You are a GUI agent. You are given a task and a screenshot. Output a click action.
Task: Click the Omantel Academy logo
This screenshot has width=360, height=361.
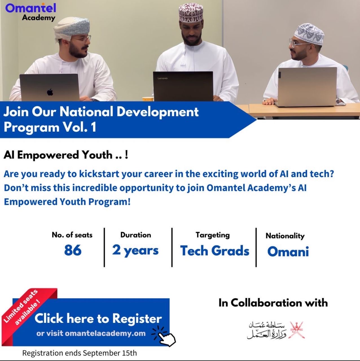31,12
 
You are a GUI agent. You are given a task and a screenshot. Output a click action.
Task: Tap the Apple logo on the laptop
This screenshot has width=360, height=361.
50,92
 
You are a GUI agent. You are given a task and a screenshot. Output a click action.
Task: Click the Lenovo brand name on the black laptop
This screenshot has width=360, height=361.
163,78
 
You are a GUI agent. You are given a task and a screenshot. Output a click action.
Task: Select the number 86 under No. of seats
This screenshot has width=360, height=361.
73,250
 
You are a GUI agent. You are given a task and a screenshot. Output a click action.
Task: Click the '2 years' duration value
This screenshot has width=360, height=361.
135,251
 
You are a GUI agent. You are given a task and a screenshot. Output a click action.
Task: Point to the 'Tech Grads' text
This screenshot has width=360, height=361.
215,251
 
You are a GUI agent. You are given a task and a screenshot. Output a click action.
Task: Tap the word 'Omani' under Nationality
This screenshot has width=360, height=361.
288,251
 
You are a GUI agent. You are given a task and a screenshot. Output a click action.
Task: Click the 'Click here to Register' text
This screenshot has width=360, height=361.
98,318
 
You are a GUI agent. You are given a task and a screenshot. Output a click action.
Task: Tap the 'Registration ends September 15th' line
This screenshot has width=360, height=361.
80,353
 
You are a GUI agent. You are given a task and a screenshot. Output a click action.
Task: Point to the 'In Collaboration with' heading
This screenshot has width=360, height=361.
273,303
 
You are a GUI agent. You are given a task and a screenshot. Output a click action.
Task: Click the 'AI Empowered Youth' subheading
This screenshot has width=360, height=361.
58,155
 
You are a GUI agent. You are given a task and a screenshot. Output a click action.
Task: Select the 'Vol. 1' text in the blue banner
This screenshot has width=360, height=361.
80,127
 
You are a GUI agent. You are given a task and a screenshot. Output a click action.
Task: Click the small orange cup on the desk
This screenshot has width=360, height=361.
148,99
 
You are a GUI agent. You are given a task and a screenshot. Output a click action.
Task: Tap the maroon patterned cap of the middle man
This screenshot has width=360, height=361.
191,13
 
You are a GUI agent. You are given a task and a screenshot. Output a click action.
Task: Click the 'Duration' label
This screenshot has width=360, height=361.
136,235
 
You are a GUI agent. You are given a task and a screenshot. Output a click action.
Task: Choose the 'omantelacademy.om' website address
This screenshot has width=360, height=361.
105,333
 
